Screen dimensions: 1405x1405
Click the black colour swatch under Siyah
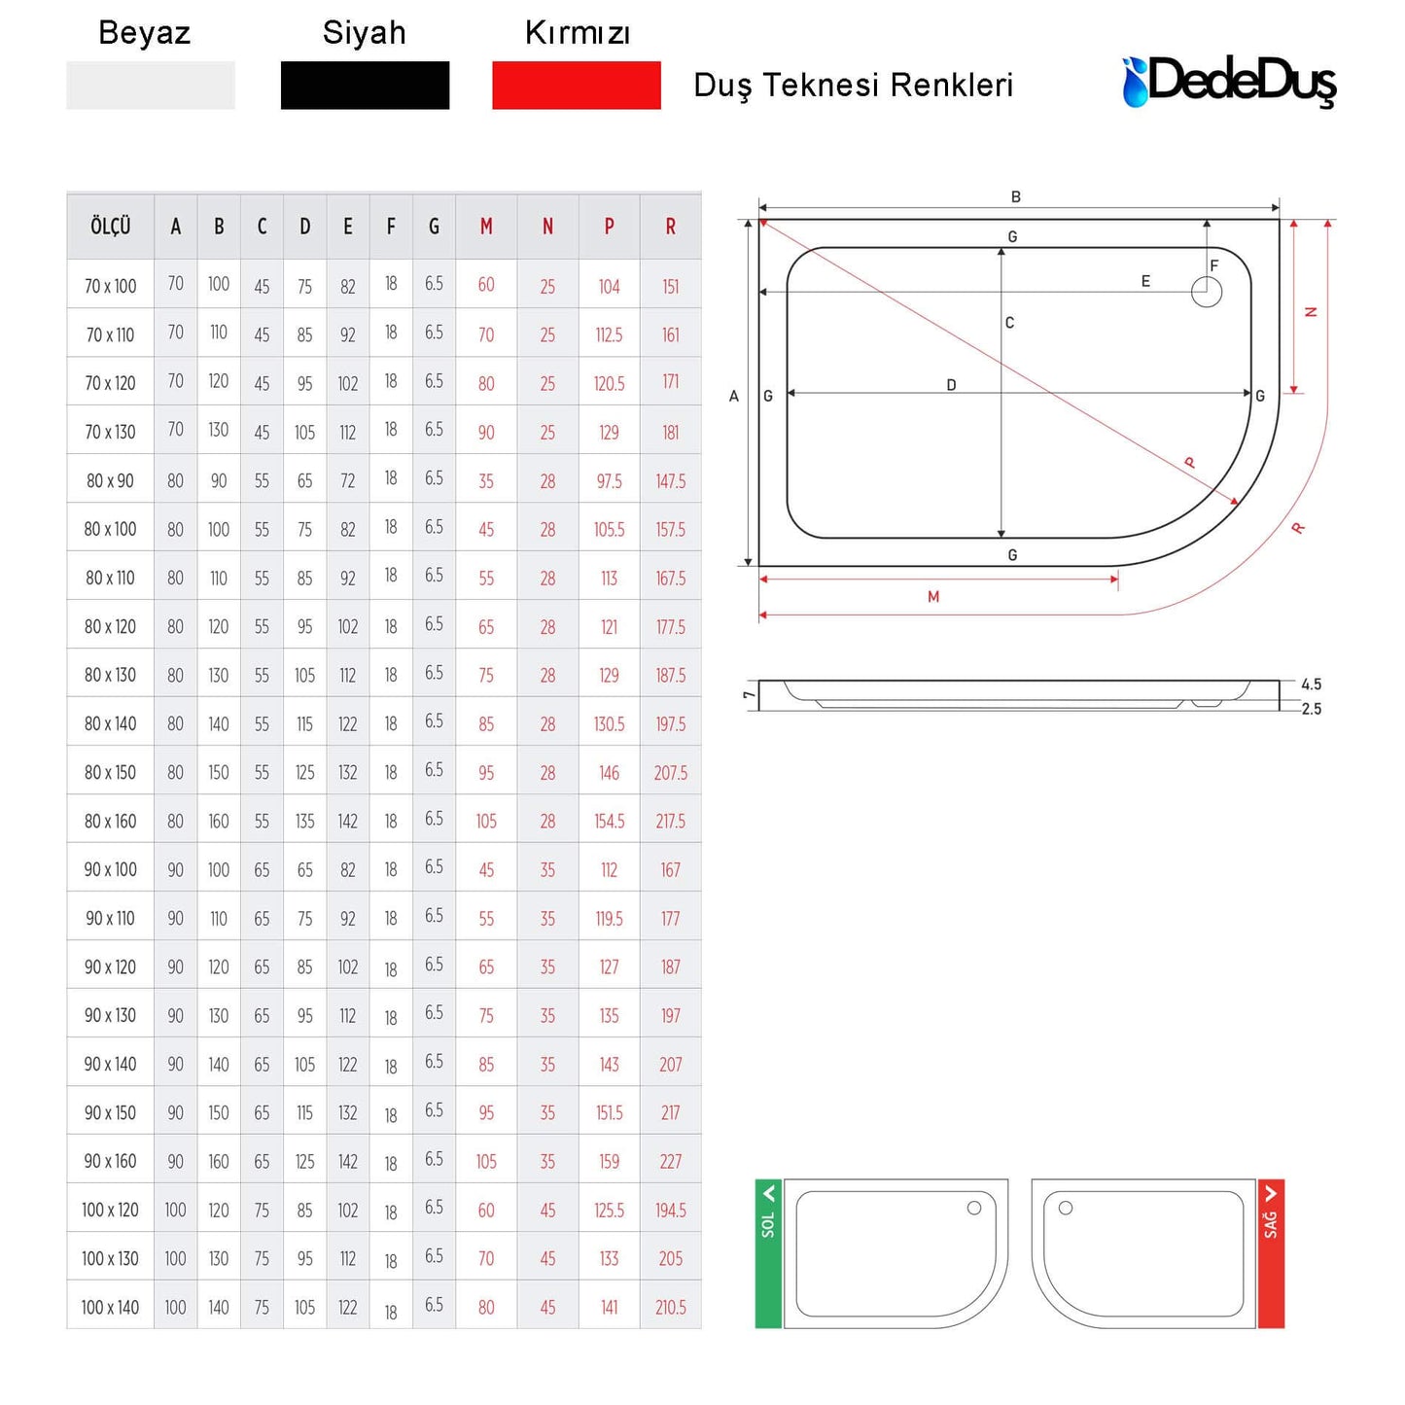365,86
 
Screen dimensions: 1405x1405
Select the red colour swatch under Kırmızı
576,86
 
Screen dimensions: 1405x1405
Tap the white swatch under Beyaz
150,86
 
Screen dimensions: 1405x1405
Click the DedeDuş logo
1229,82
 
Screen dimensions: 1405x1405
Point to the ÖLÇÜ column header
110,227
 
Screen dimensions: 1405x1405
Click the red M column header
486,227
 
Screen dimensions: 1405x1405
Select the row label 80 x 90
110,480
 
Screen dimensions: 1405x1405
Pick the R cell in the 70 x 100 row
671,287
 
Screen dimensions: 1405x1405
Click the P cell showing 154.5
609,821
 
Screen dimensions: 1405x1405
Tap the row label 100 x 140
110,1308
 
